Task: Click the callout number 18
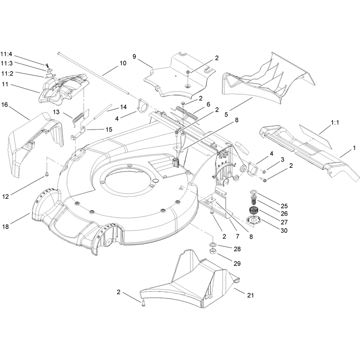(x=5, y=226)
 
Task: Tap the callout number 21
(x=250, y=295)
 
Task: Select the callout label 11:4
(x=6, y=54)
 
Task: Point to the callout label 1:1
(x=335, y=122)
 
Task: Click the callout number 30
(x=284, y=230)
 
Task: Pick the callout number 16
(x=4, y=105)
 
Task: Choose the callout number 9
(x=134, y=57)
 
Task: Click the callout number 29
(x=237, y=263)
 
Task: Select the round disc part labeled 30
(x=253, y=220)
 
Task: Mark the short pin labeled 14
(x=103, y=112)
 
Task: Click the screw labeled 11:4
(x=47, y=65)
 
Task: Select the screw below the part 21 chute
(x=144, y=304)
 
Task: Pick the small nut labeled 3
(x=264, y=171)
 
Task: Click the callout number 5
(x=226, y=114)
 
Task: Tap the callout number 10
(x=123, y=63)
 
